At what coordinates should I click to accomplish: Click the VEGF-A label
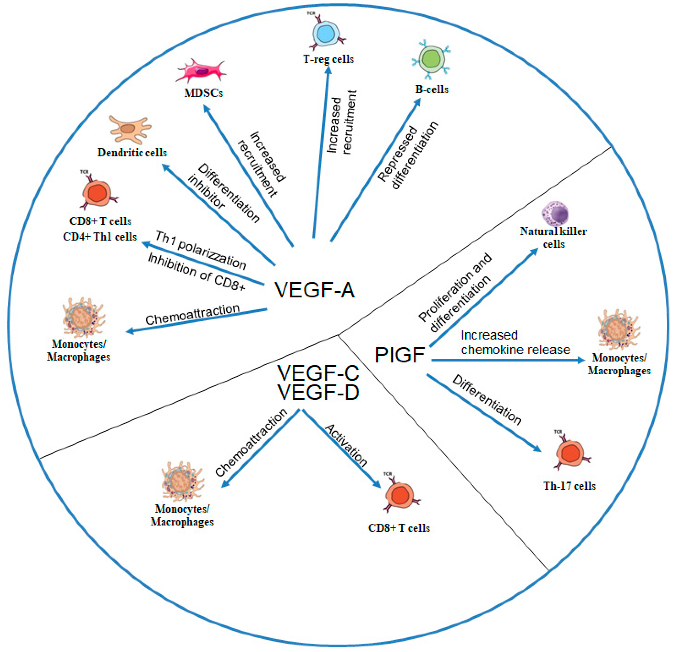(x=315, y=289)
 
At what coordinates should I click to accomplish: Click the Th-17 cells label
(x=569, y=486)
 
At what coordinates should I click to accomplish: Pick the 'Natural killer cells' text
(x=553, y=237)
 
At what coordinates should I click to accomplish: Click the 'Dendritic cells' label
(x=132, y=152)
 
